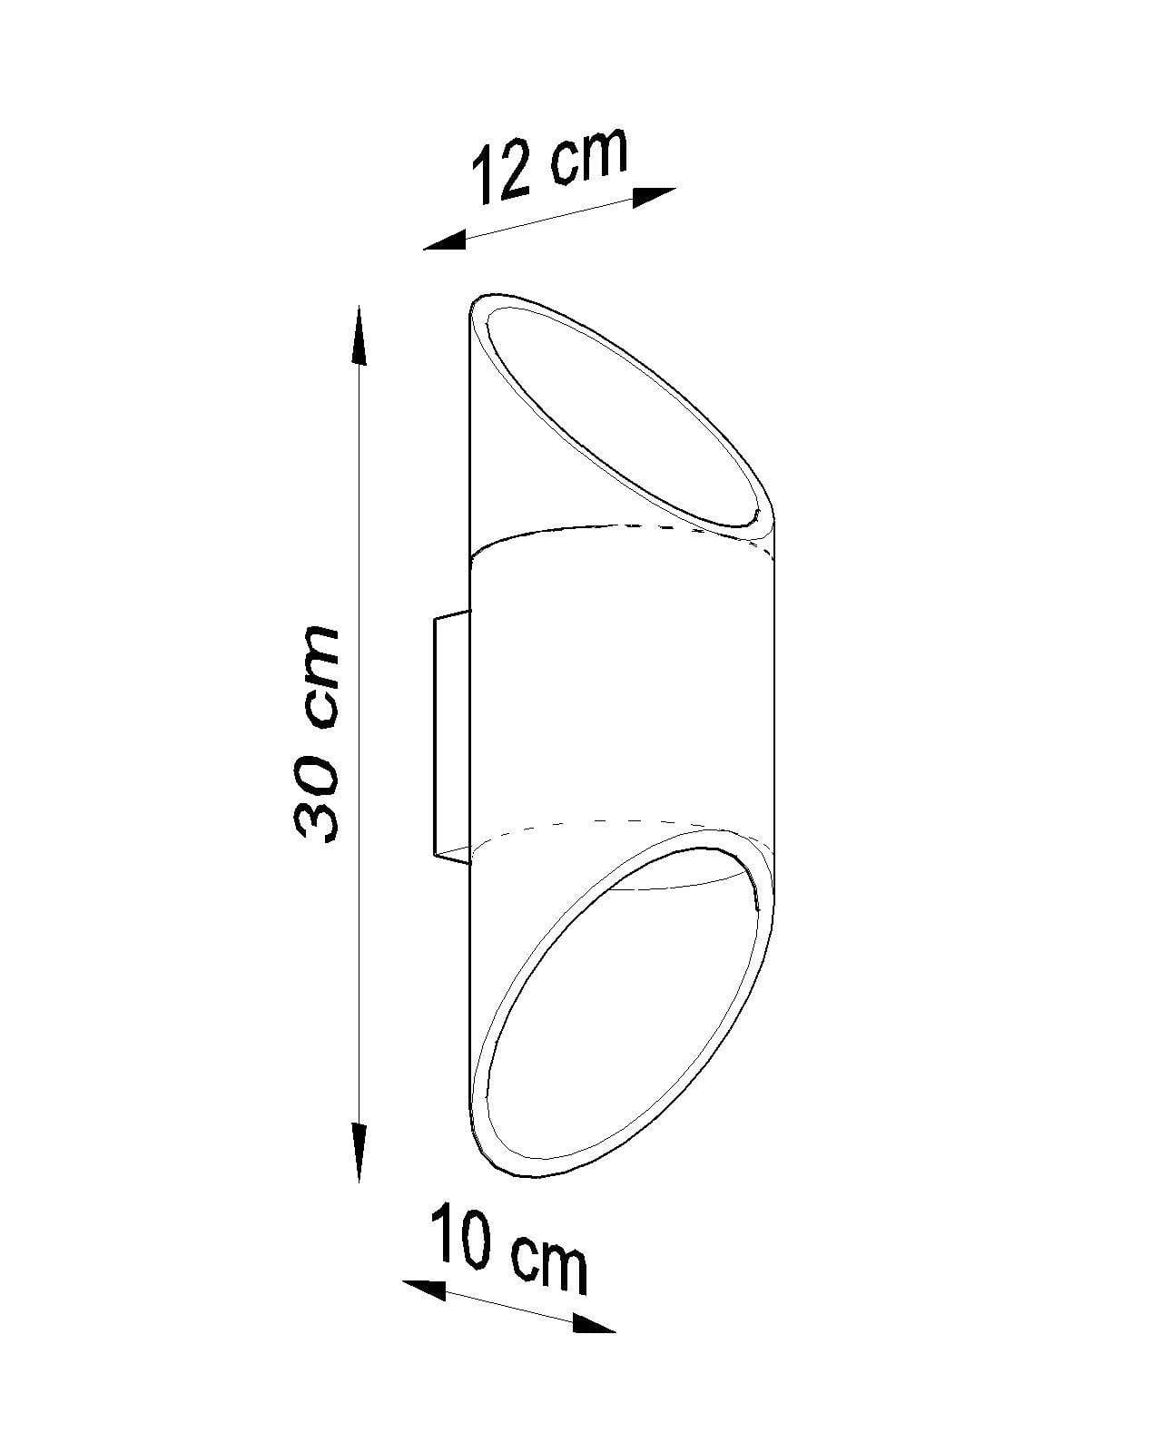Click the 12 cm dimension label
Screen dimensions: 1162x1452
click(x=549, y=164)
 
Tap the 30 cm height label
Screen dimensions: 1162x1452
click(x=316, y=733)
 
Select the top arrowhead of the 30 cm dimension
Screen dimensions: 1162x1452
click(x=359, y=336)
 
